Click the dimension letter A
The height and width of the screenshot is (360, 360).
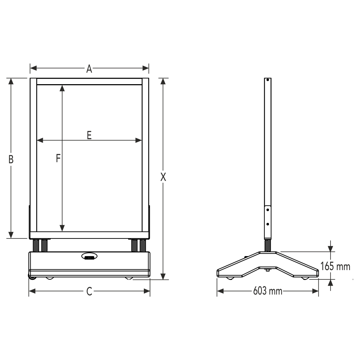click(89, 69)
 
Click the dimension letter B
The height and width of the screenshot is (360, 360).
click(11, 159)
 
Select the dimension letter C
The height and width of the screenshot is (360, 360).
click(89, 291)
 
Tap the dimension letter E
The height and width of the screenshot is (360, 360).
click(89, 135)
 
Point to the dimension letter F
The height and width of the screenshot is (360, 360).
click(58, 158)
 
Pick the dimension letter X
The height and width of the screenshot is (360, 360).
click(163, 177)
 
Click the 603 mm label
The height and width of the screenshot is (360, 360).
click(268, 291)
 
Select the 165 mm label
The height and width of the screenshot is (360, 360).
click(335, 266)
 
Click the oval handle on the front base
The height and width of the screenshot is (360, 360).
click(89, 256)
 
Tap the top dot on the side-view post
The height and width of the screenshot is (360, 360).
click(268, 80)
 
